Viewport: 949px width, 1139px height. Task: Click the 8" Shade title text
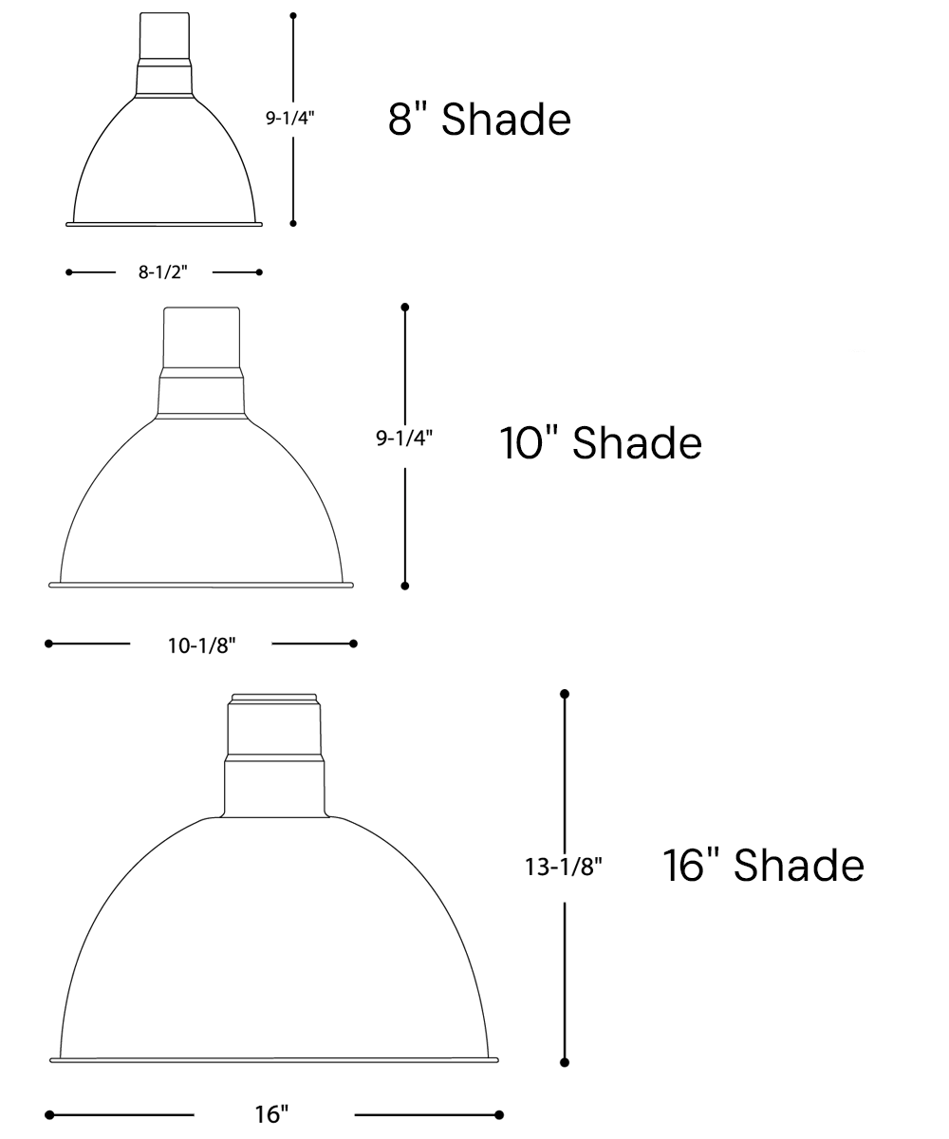479,119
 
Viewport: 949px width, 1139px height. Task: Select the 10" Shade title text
601,442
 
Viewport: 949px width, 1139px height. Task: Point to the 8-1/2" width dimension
162,271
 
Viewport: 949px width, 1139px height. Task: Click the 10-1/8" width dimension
201,645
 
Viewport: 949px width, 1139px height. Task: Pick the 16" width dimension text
271,1114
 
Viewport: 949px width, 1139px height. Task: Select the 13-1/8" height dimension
564,867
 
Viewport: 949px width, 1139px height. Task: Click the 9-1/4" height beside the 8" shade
289,118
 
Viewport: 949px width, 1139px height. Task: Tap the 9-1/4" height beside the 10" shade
404,438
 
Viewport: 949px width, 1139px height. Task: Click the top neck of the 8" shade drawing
165,35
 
